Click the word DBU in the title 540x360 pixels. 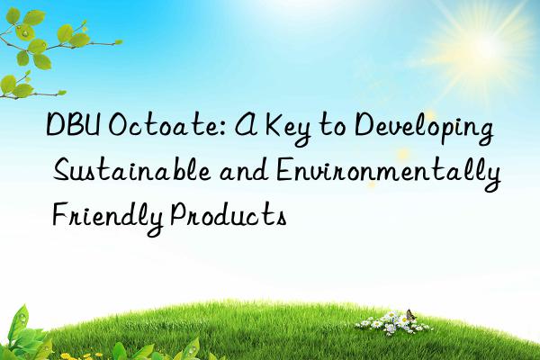pos(74,129)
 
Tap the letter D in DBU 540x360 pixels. pos(57,129)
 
